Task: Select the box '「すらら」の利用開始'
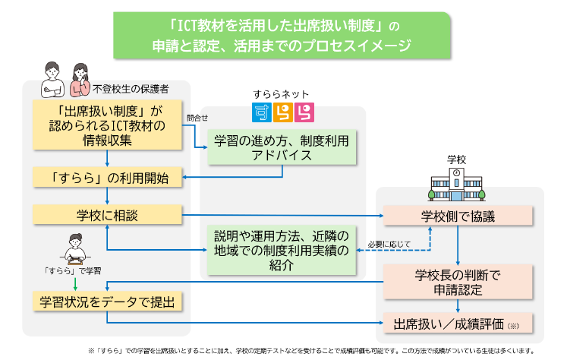click(x=109, y=178)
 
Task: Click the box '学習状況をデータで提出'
click(x=109, y=302)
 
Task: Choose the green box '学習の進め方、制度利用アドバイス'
click(x=282, y=147)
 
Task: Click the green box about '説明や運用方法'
click(x=282, y=250)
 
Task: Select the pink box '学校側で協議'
click(x=458, y=216)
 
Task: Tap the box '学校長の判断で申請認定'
click(x=458, y=280)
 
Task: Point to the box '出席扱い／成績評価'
click(x=458, y=324)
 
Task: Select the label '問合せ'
click(x=197, y=118)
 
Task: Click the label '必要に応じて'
click(x=389, y=244)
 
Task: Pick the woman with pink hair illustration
click(x=79, y=79)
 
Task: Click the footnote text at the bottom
click(x=311, y=350)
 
